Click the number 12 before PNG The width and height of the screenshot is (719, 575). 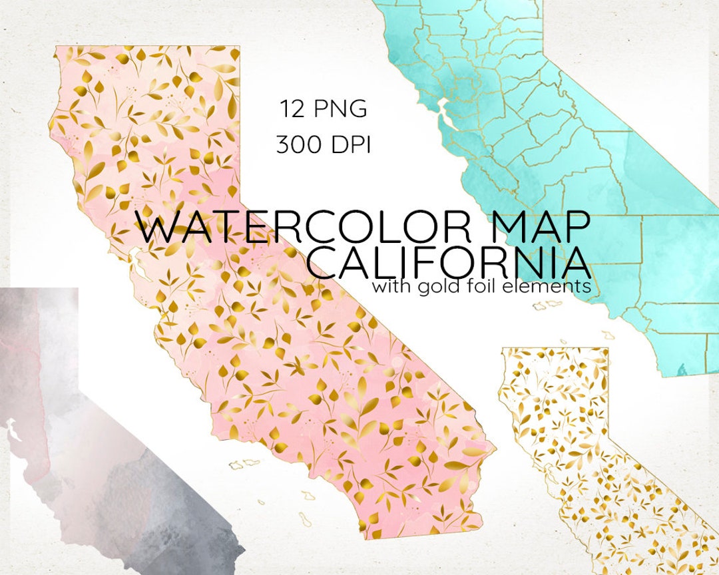pyautogui.click(x=292, y=108)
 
